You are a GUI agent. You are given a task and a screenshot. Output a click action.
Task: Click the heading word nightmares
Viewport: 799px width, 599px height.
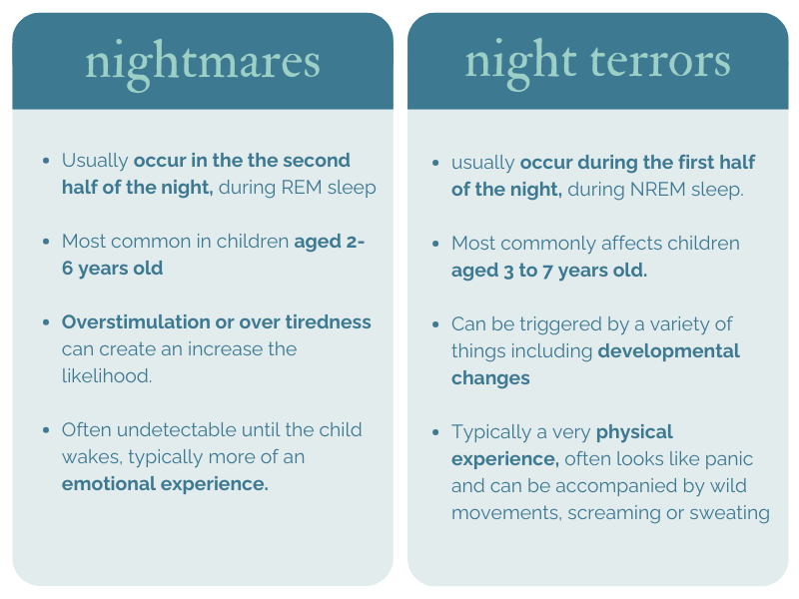coord(203,62)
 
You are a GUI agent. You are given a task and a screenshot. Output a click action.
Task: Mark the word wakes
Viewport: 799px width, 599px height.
coord(86,457)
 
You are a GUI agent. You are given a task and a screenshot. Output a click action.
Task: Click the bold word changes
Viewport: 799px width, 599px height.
coord(490,378)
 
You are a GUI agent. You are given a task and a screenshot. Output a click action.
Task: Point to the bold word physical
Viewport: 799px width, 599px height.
coord(635,432)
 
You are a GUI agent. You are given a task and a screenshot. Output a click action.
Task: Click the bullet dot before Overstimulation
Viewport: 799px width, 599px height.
coord(46,322)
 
